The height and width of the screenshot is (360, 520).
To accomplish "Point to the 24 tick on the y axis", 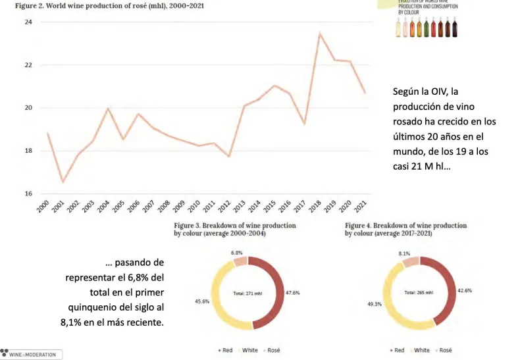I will point(29,22).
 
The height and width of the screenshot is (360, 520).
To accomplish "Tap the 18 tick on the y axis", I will point(29,151).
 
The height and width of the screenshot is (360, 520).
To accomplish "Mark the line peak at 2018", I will point(320,33).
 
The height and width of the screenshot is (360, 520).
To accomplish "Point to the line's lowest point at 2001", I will point(63,182).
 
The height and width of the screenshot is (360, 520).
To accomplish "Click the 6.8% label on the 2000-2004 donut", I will point(237,252).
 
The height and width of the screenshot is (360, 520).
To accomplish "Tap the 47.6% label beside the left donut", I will point(293,292).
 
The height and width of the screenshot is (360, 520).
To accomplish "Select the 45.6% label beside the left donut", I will point(202,301).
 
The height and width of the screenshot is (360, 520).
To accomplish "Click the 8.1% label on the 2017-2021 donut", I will point(405,253).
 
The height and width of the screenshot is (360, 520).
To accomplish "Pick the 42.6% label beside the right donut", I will point(464,290).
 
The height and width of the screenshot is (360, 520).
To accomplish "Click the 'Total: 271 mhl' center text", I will point(248,294).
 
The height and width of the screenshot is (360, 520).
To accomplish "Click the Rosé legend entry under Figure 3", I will point(275,350).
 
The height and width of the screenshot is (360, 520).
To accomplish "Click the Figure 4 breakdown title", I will point(405,229).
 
